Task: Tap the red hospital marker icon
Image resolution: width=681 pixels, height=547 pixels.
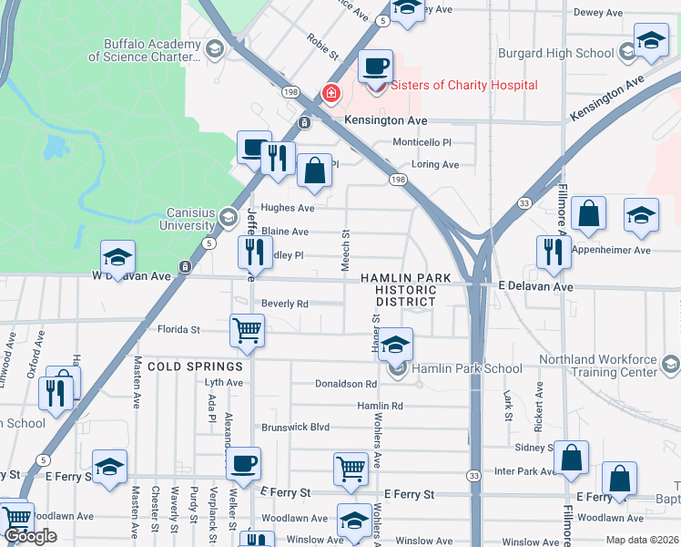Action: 331,93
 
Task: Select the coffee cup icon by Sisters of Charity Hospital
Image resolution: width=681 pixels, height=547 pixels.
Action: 375,67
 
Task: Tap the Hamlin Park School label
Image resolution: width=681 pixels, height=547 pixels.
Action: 467,369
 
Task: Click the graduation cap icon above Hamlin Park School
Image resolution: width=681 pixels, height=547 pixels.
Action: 395,346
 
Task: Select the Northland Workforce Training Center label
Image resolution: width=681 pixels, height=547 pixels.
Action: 597,366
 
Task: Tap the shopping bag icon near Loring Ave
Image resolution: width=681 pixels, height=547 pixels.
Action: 314,170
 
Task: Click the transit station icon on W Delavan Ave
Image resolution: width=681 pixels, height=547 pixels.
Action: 185,267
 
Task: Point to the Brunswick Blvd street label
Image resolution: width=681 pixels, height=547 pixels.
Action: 295,427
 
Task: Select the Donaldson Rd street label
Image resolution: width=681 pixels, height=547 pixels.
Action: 346,385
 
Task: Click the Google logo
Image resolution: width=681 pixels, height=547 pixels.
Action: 31,536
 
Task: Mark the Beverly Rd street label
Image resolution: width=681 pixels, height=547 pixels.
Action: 285,304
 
